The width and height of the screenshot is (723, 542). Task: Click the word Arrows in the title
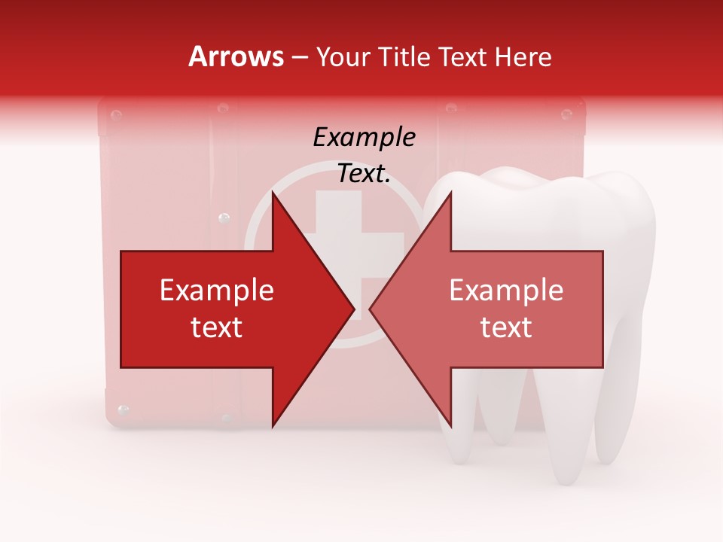(x=236, y=56)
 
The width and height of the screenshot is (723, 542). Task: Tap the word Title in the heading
(x=407, y=56)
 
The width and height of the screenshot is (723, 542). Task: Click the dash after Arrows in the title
(x=300, y=58)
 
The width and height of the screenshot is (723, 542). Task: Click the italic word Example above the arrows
(x=364, y=137)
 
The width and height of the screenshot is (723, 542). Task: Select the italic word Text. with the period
(x=364, y=174)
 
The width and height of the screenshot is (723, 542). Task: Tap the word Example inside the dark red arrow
(x=217, y=291)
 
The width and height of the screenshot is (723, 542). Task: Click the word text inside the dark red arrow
(x=217, y=327)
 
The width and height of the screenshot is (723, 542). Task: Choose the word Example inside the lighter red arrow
(x=506, y=291)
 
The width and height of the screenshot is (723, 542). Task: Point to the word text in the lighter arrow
(x=506, y=327)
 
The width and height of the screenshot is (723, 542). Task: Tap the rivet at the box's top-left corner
(x=116, y=115)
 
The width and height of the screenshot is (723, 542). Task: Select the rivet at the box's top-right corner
(x=566, y=114)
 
